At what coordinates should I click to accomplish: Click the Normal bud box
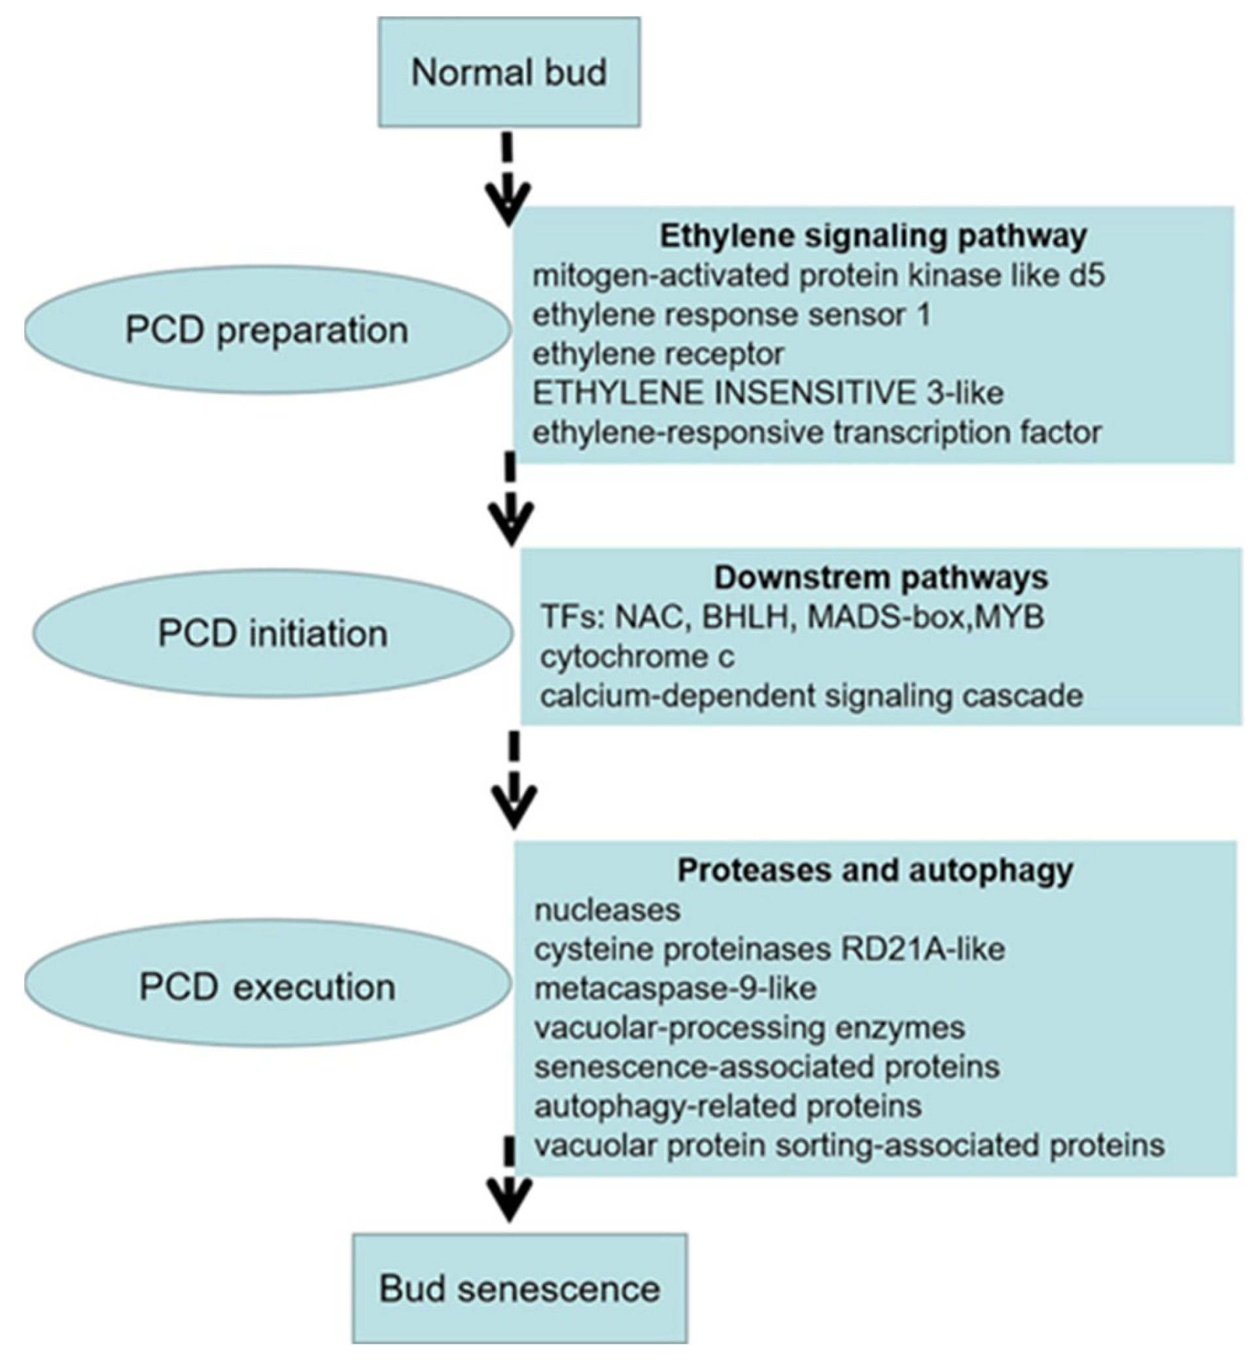(x=508, y=72)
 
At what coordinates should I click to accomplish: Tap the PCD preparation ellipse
(x=266, y=330)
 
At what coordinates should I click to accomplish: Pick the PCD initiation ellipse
(x=273, y=633)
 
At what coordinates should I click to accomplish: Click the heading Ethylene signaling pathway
(x=873, y=236)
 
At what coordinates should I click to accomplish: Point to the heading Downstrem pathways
(x=880, y=578)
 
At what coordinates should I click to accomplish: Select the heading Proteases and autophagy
(x=875, y=871)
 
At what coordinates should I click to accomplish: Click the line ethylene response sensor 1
(x=731, y=315)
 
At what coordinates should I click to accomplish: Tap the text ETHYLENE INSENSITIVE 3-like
(x=767, y=393)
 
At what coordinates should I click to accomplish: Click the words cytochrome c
(x=637, y=657)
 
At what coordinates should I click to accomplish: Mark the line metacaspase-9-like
(x=675, y=988)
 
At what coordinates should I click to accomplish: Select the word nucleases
(x=607, y=910)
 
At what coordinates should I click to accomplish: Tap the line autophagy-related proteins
(x=727, y=1106)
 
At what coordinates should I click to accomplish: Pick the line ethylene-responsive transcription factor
(x=816, y=432)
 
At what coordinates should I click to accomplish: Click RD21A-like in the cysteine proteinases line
(x=922, y=949)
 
